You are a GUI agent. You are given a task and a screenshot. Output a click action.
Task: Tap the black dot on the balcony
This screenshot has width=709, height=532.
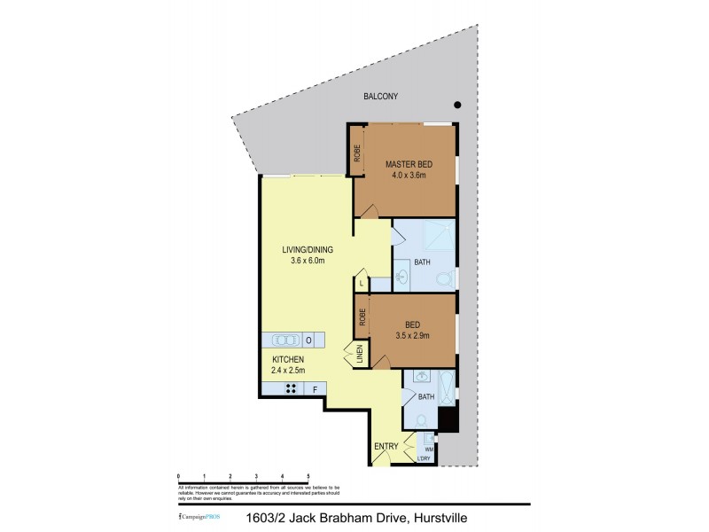(457, 105)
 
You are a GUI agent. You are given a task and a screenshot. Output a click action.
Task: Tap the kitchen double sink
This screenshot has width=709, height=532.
(285, 340)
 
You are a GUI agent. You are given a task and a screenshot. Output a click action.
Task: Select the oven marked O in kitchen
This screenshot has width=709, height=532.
(308, 340)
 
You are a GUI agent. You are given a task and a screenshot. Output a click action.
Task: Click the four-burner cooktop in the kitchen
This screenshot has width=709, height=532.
(289, 388)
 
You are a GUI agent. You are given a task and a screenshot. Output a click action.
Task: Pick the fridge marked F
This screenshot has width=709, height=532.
(313, 388)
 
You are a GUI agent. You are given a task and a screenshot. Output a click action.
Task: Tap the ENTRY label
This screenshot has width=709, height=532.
(386, 446)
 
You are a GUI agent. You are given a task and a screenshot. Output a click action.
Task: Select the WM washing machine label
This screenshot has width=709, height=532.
(429, 450)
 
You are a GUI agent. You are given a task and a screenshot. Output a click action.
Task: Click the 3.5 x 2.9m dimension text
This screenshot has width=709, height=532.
(412, 335)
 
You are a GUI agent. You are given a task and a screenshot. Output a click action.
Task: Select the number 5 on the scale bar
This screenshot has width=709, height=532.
(308, 476)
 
